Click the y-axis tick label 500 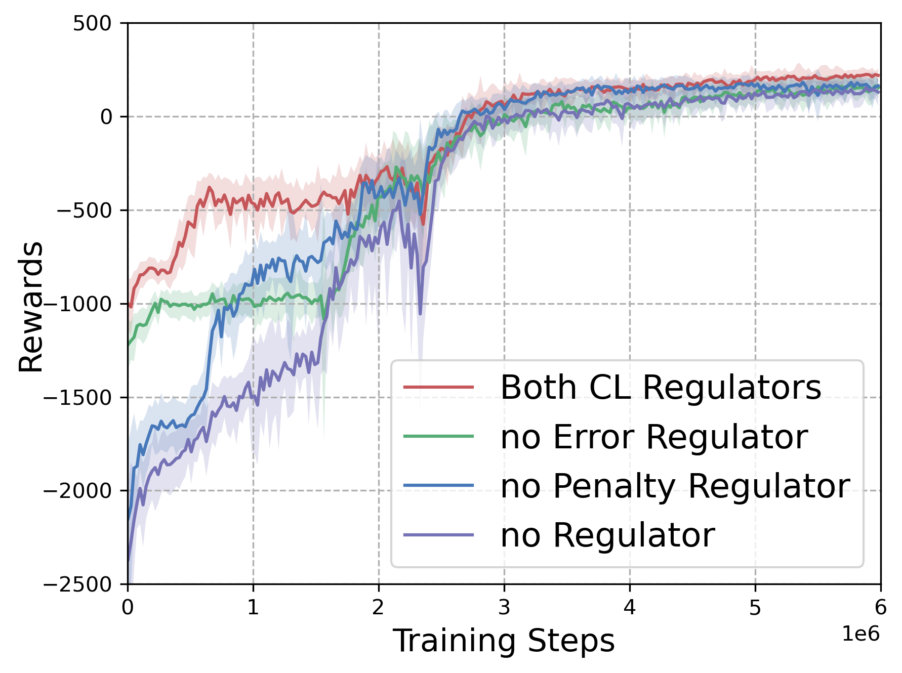click(x=92, y=23)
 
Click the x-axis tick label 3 click(x=504, y=607)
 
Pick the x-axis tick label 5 click(x=755, y=607)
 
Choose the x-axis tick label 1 click(x=253, y=607)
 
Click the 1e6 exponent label click(x=860, y=634)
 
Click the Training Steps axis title click(x=504, y=641)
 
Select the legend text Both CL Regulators click(x=661, y=388)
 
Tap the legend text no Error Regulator click(x=654, y=437)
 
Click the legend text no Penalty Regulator click(x=675, y=486)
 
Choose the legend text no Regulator click(x=607, y=535)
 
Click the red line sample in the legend click(x=439, y=388)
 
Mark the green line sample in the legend click(x=439, y=437)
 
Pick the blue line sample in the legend click(x=439, y=486)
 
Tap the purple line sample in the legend click(x=439, y=535)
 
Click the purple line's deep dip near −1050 click(x=420, y=313)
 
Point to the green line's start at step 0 click(x=129, y=344)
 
